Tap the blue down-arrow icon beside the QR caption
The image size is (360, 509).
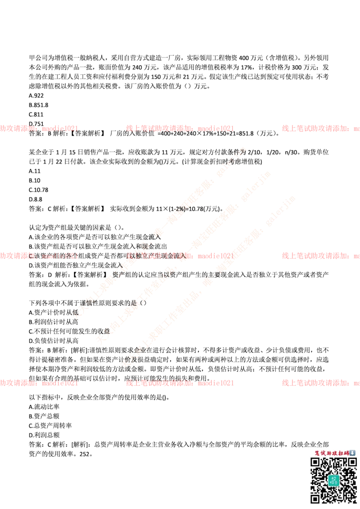(352, 453)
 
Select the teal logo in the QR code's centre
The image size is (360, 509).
(333, 480)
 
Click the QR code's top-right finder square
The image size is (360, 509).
(351, 462)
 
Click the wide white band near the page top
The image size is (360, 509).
(180, 31)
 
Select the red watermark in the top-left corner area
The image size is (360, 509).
(40, 129)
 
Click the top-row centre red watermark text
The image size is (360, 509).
(180, 129)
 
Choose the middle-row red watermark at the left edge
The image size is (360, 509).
(40, 256)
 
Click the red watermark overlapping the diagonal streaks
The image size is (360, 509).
(180, 256)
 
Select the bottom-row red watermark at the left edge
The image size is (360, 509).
(40, 383)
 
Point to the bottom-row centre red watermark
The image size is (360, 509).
(180, 383)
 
